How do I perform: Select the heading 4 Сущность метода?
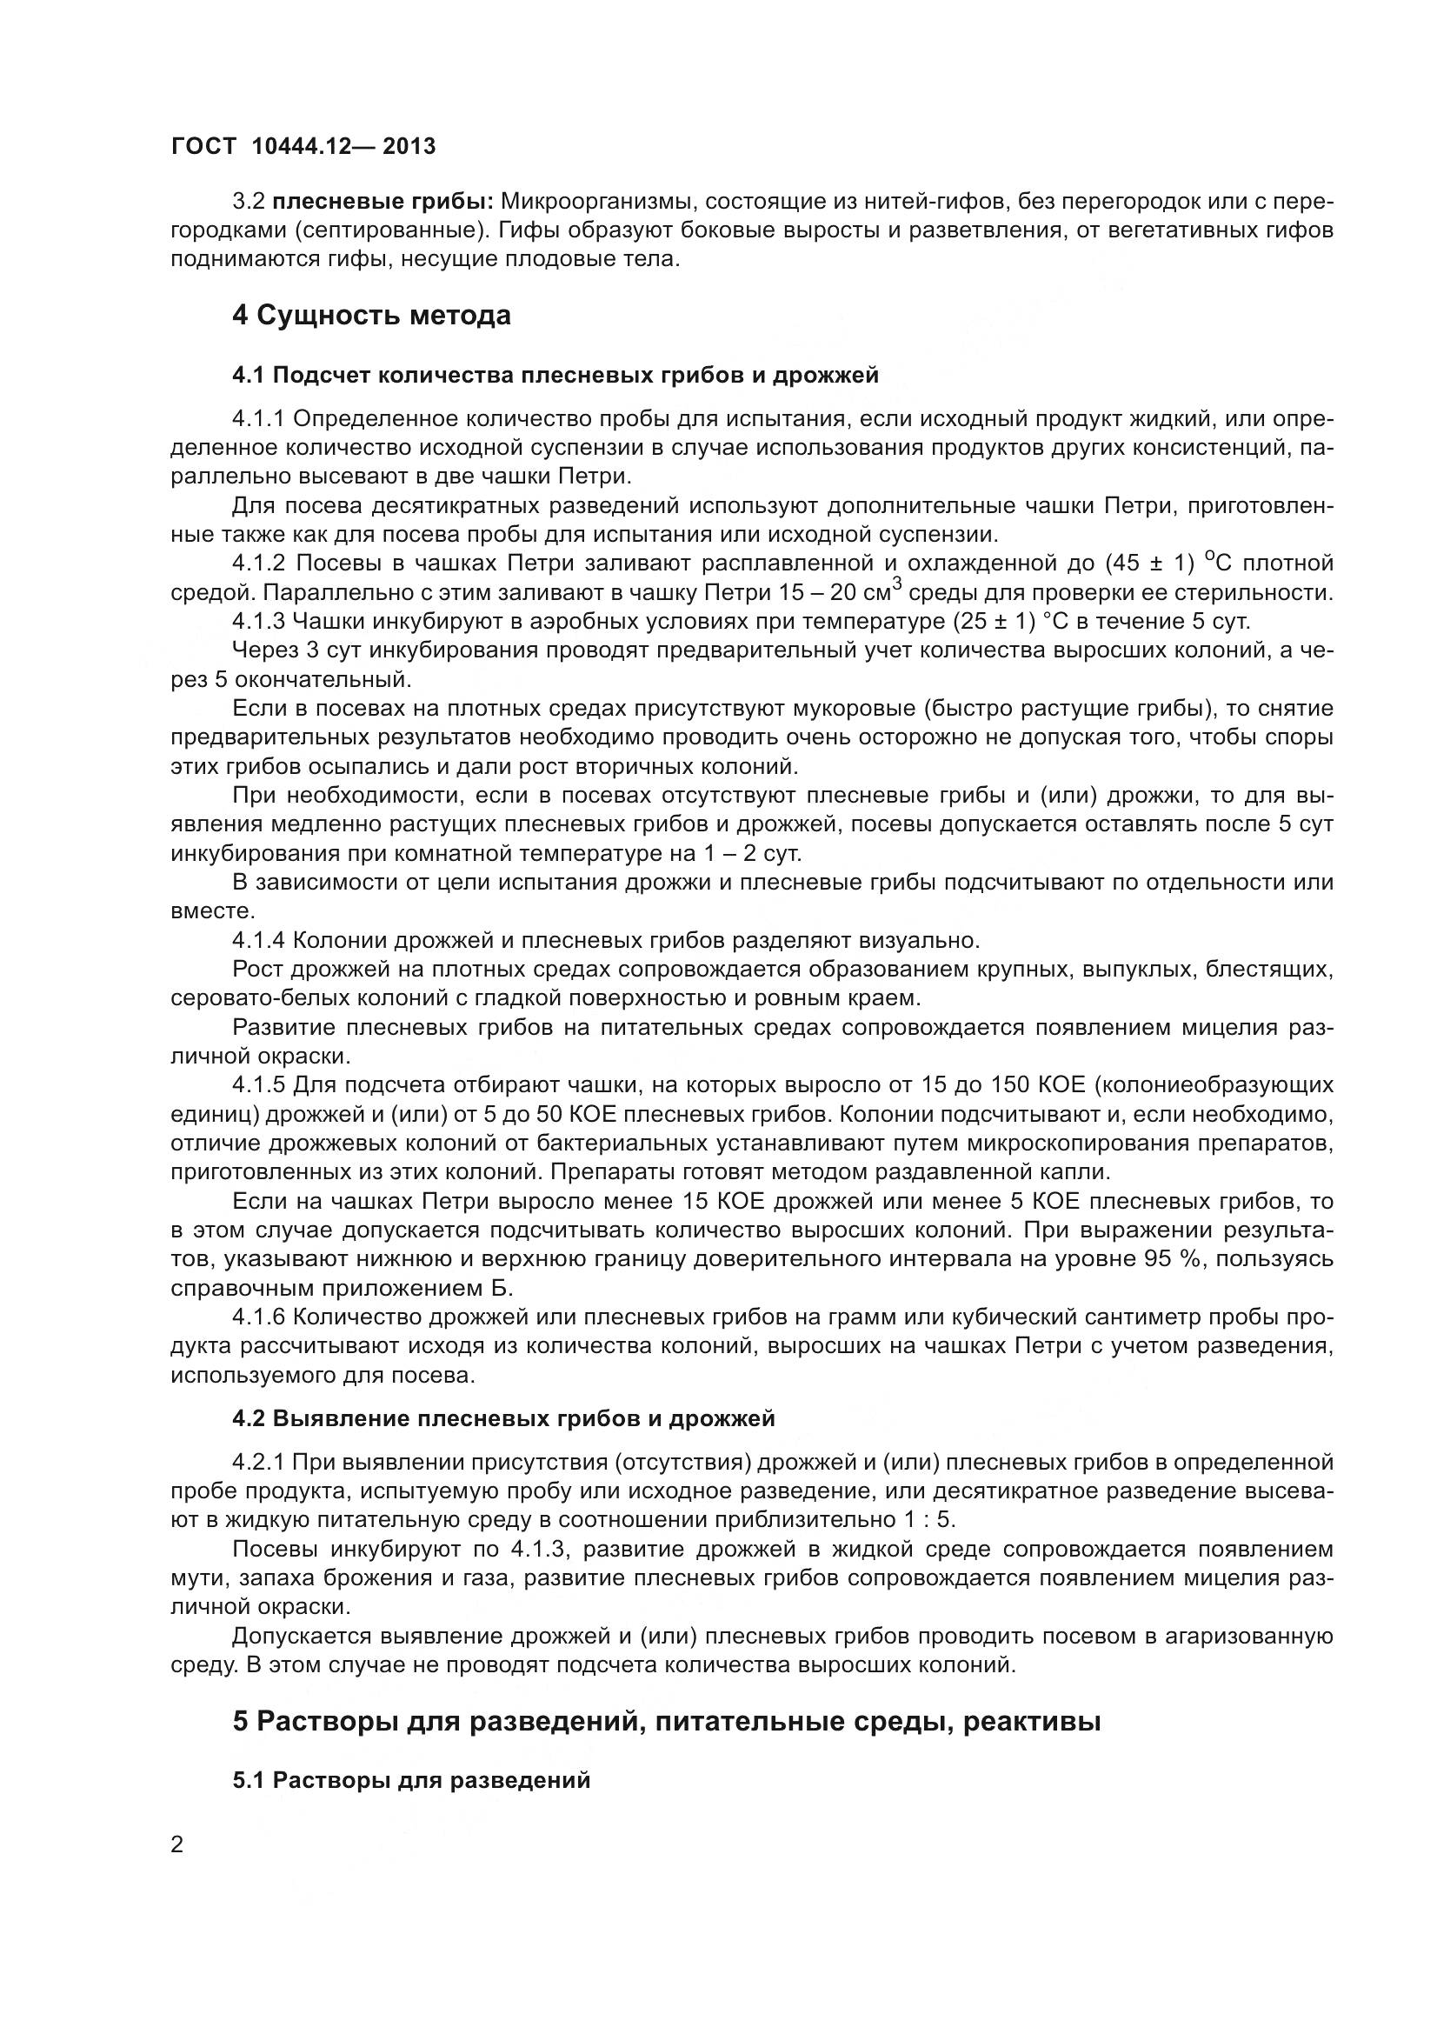coord(371,316)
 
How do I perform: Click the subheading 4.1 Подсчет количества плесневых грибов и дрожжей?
coord(556,375)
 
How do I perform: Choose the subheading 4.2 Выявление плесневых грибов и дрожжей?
coord(502,1418)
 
